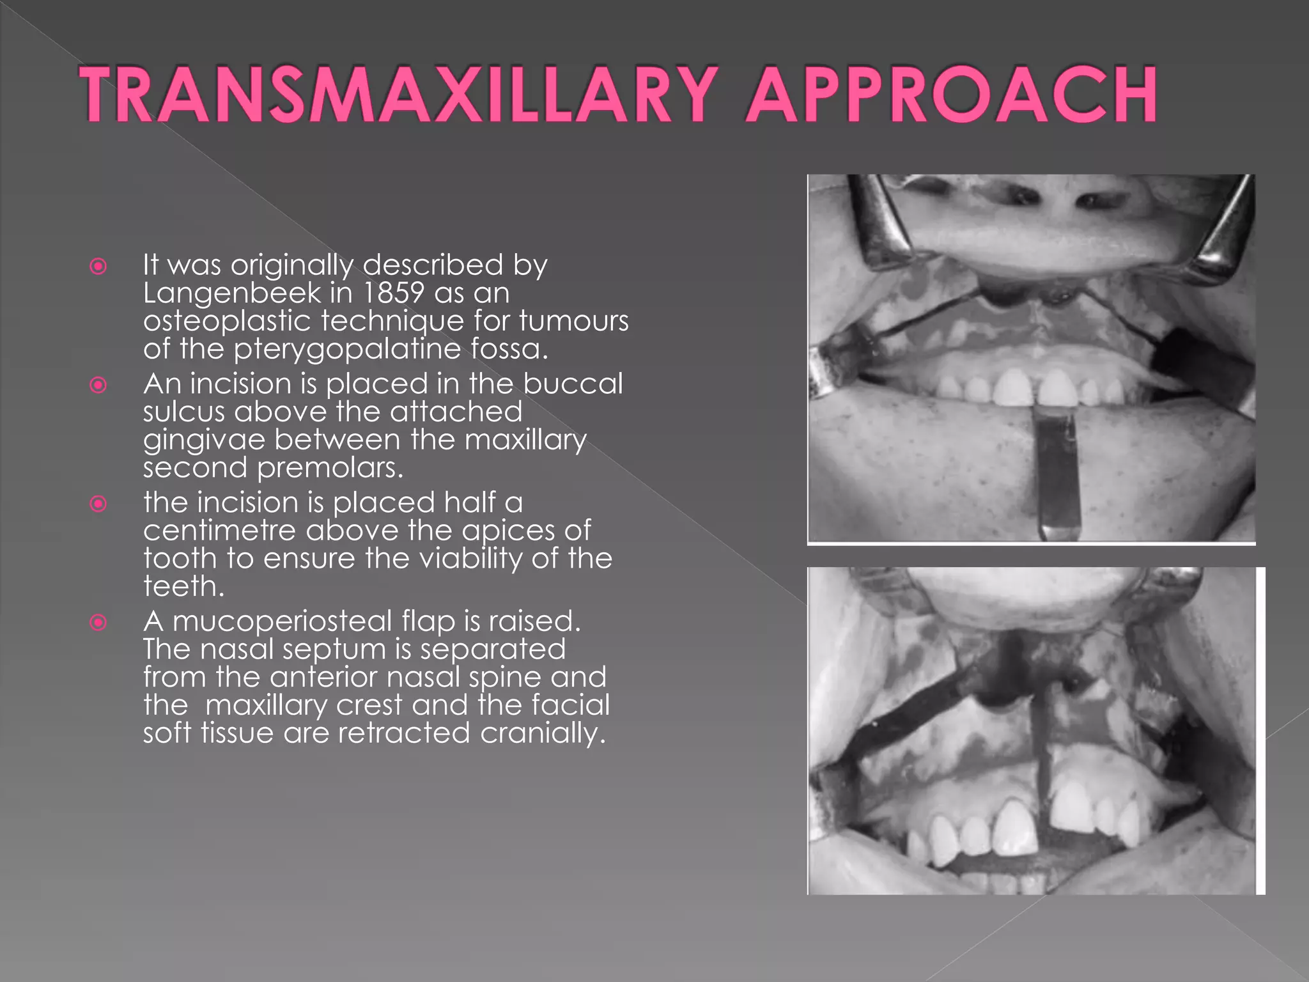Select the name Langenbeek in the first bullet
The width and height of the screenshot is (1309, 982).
[x=231, y=293]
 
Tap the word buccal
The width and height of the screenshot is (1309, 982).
[x=573, y=384]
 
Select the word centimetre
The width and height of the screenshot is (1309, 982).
[x=219, y=531]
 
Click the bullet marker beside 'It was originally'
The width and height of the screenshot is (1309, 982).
[x=98, y=266]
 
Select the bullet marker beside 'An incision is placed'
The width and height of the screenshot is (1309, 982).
[x=98, y=385]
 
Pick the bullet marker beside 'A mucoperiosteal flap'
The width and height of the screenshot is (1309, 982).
[x=98, y=622]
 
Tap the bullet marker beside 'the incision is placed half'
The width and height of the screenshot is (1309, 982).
[x=98, y=504]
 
